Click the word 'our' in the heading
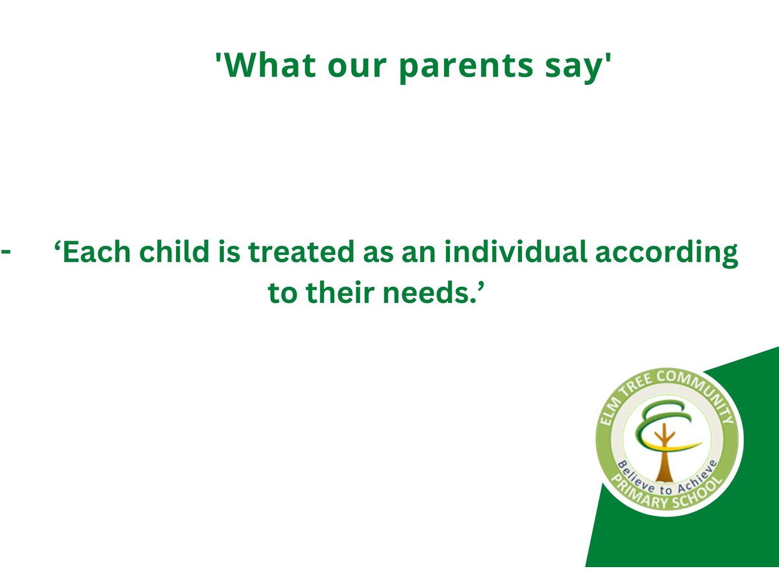pos(357,67)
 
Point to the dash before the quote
pos(6,251)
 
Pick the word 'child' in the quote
pos(174,251)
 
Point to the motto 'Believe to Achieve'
pos(667,480)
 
